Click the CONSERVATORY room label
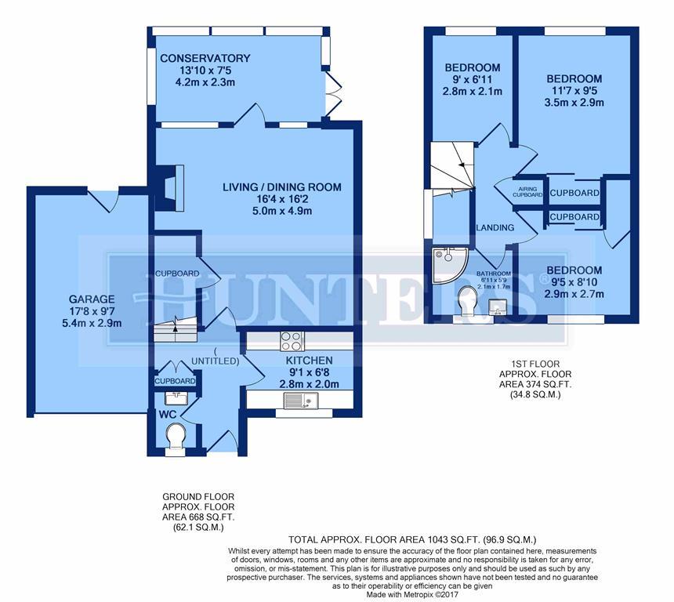(205, 59)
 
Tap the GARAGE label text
(92, 299)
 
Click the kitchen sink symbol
(299, 401)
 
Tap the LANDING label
(495, 228)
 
